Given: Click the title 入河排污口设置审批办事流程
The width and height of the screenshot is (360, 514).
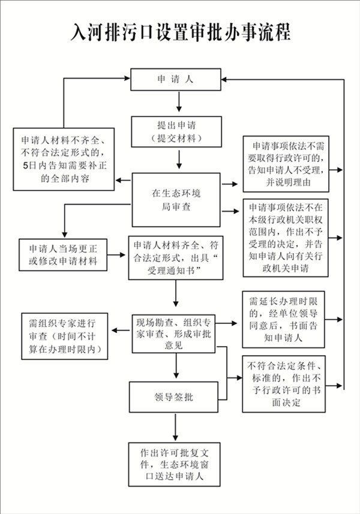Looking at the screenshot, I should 180,31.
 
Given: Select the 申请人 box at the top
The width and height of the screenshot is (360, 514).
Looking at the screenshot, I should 176,79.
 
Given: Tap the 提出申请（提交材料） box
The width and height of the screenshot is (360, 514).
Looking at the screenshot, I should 176,131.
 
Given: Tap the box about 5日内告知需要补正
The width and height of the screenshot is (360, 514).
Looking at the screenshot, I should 65,160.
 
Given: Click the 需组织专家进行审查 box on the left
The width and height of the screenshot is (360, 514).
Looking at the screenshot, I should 64,335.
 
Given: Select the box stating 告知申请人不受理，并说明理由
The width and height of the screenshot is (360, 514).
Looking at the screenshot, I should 285,164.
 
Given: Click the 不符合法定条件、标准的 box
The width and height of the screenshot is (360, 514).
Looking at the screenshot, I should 285,384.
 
